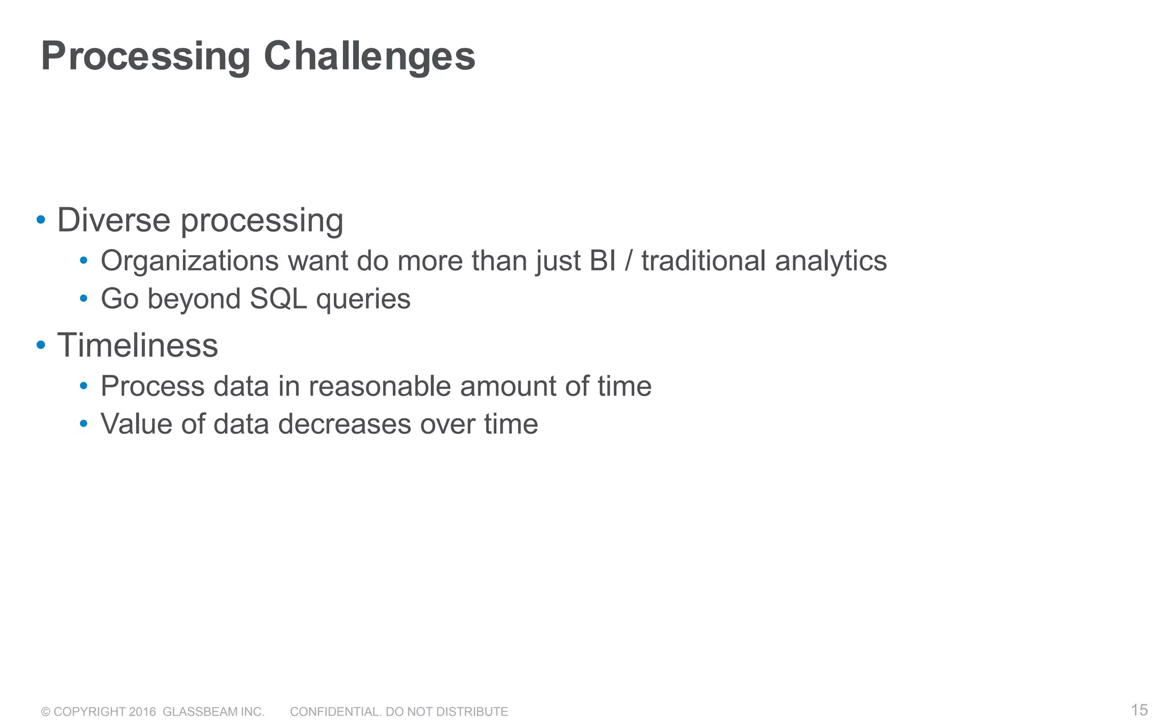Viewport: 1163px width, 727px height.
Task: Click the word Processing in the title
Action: pyautogui.click(x=145, y=57)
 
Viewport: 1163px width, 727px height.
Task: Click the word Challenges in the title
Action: pyautogui.click(x=369, y=57)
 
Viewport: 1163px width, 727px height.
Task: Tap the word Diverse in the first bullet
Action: pyautogui.click(x=114, y=220)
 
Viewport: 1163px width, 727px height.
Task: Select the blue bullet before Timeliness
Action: pyautogui.click(x=41, y=345)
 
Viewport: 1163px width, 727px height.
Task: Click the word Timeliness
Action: pyautogui.click(x=137, y=345)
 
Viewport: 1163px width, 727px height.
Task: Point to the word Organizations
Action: pyautogui.click(x=190, y=261)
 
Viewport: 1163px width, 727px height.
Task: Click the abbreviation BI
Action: pyautogui.click(x=603, y=261)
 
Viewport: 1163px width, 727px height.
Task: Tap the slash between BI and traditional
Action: pyautogui.click(x=629, y=261)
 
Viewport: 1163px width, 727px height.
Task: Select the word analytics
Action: pyautogui.click(x=830, y=261)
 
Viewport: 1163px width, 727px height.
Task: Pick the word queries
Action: pyautogui.click(x=363, y=299)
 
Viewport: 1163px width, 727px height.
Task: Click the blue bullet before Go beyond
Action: pyautogui.click(x=83, y=298)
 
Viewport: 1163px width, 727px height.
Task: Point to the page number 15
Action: pyautogui.click(x=1139, y=710)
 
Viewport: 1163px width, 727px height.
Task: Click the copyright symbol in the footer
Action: pyautogui.click(x=46, y=712)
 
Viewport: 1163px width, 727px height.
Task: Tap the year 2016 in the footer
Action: pyautogui.click(x=142, y=712)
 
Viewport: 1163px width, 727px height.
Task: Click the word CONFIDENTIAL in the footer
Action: pyautogui.click(x=335, y=712)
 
